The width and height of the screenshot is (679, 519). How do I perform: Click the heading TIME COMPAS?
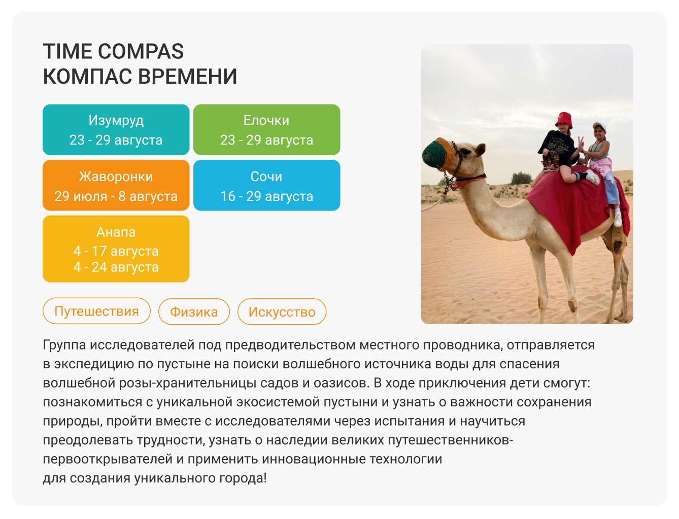click(x=113, y=51)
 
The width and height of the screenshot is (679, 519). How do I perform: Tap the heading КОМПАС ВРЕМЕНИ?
click(x=140, y=76)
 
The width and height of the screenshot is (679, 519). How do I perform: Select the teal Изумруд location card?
click(x=116, y=129)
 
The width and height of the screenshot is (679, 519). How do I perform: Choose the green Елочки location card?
click(x=266, y=129)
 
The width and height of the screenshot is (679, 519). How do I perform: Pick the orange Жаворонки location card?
click(x=116, y=185)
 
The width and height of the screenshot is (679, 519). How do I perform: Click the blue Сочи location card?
click(x=266, y=185)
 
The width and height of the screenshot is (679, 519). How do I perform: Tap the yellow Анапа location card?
click(x=116, y=249)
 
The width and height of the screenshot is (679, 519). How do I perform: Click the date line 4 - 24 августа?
click(x=116, y=267)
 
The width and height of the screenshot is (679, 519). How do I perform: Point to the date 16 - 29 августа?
click(x=266, y=196)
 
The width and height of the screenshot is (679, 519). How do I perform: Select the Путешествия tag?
click(x=96, y=311)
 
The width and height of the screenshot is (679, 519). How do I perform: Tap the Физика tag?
click(x=194, y=312)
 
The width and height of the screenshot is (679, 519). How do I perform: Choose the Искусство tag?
click(x=282, y=312)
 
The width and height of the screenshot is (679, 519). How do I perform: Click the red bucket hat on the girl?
click(x=564, y=120)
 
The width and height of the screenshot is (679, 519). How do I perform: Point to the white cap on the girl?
click(x=599, y=127)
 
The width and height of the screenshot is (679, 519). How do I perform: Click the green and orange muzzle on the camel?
click(x=438, y=154)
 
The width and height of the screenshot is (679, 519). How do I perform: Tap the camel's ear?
click(x=481, y=150)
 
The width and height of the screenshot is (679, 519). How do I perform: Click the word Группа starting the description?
click(x=64, y=345)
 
